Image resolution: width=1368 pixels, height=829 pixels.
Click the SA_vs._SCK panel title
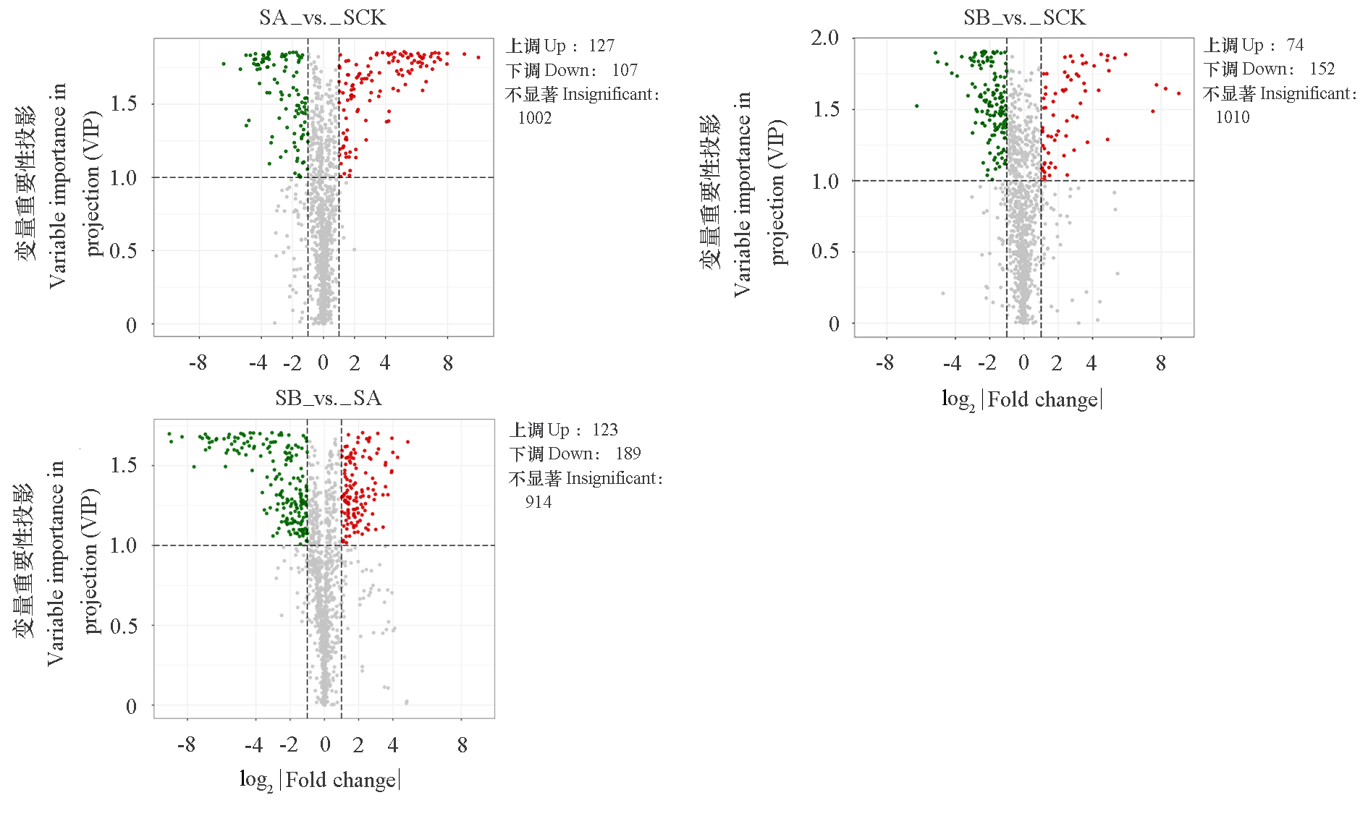tap(323, 17)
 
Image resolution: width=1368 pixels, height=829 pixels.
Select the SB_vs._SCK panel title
tap(1024, 17)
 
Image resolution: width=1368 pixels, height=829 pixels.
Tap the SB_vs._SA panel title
tap(328, 398)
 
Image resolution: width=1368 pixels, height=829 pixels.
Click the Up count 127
tap(601, 46)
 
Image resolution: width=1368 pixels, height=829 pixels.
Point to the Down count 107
tap(625, 70)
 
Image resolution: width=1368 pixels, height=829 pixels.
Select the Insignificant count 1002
tap(535, 118)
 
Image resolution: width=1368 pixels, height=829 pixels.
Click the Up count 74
tap(1296, 46)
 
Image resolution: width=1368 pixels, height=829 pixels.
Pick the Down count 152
tap(1322, 69)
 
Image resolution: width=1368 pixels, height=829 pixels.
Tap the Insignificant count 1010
tap(1233, 117)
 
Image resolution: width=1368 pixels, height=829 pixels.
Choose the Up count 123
tap(605, 430)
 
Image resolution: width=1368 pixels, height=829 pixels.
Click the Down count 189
tap(628, 454)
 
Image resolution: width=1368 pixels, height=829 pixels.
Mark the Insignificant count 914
tap(539, 502)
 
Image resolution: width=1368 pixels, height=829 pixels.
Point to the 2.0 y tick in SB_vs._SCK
tap(824, 38)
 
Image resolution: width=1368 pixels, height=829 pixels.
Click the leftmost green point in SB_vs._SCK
tap(917, 106)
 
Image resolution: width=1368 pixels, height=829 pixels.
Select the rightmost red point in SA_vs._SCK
tap(478, 57)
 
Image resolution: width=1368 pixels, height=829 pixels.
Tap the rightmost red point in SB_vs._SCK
tap(1179, 93)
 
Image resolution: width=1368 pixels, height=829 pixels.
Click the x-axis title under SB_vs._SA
tap(320, 780)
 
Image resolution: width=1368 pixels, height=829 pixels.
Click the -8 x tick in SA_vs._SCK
tap(198, 362)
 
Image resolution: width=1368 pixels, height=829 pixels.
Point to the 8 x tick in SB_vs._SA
tap(463, 744)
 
